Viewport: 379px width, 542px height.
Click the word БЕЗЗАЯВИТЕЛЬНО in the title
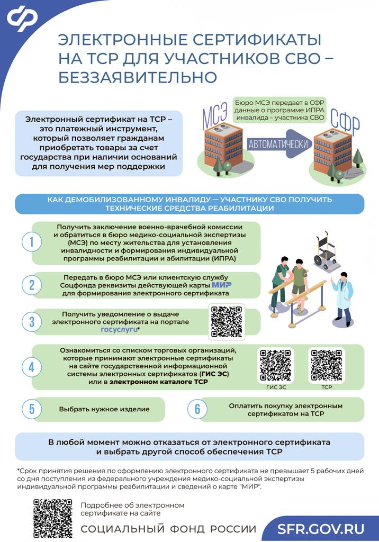138,77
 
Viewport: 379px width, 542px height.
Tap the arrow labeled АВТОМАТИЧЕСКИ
279,144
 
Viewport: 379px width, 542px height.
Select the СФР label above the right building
345,122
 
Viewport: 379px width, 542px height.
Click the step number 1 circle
32,241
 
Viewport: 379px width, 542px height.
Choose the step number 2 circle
32,285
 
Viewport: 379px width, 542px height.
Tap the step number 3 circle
32,322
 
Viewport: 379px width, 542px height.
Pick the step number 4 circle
32,367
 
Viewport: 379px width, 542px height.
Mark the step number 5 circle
32,409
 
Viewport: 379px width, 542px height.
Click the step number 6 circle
197,409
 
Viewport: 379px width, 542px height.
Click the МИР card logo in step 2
221,285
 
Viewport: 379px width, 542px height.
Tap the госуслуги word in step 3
119,329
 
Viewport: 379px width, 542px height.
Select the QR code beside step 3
227,321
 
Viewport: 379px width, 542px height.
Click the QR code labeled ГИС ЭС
276,365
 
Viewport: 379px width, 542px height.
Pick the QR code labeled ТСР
327,365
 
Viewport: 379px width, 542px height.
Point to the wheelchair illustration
326,252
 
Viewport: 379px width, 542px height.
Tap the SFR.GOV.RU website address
321,529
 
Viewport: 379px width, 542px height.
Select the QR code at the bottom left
52,518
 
